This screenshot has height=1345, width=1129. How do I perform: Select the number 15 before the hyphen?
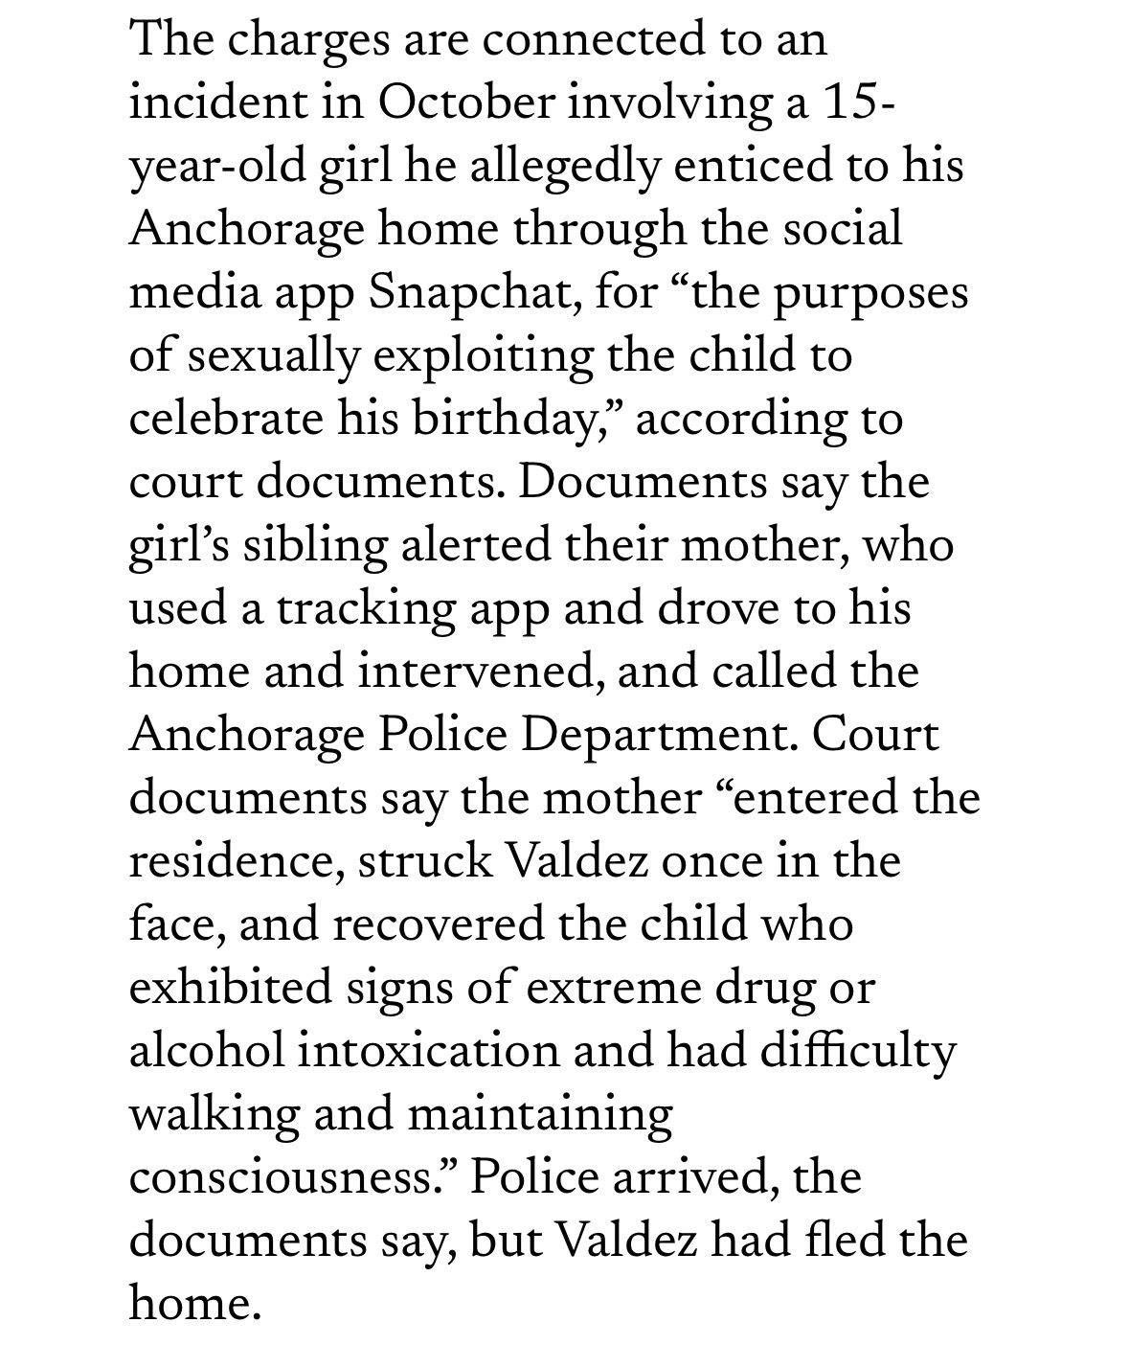coord(847,103)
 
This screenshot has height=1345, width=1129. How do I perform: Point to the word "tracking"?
coord(365,609)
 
